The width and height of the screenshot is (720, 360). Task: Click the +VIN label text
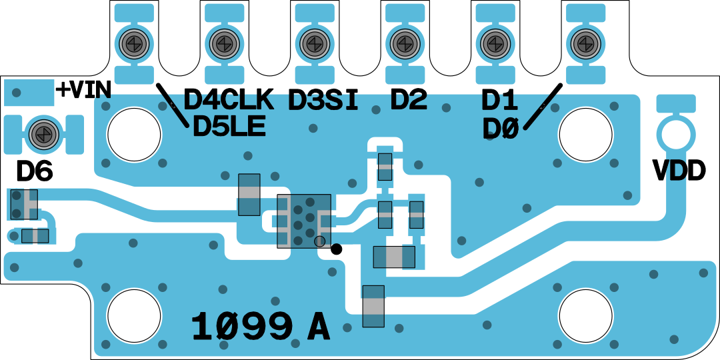pos(83,90)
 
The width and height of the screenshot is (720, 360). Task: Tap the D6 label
pos(35,172)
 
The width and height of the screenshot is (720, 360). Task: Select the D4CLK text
pos(229,100)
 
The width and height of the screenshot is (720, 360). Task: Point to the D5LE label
pos(229,126)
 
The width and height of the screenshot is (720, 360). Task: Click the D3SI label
pos(323,100)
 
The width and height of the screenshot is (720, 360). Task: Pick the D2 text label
pos(409,100)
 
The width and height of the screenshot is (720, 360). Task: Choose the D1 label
pos(499,101)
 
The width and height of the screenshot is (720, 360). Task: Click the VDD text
pos(679,171)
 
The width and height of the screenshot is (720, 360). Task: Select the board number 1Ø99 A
pos(261,327)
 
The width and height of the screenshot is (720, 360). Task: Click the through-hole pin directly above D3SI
pos(313,43)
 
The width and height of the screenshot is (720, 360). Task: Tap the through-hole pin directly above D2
pos(403,43)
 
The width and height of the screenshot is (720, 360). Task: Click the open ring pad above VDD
pos(675,133)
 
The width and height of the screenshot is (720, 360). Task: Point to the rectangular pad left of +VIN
pos(28,92)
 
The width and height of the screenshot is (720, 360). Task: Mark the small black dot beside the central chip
pos(337,249)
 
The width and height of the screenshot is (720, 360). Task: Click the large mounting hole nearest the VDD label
pos(585,134)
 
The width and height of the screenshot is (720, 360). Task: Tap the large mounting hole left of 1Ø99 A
pos(134,315)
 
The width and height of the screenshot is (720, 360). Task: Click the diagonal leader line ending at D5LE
pos(171,105)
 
